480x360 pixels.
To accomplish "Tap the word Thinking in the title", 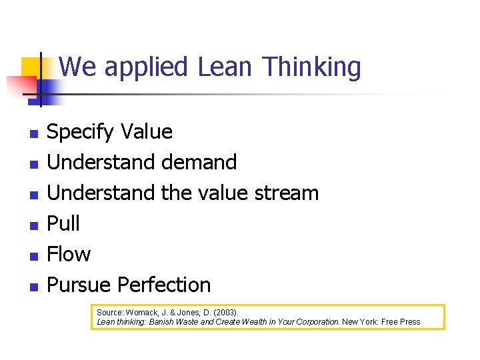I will coord(311,67).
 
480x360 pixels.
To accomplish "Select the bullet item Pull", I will coord(63,223).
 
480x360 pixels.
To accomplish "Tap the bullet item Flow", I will coord(69,254).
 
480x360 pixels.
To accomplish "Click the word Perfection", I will coord(164,285).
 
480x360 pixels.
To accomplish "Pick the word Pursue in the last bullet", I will coord(79,285).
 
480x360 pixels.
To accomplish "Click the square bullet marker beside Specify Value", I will coord(34,133).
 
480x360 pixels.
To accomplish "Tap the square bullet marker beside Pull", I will coord(34,225).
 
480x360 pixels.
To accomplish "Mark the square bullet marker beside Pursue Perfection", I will coord(34,286).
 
